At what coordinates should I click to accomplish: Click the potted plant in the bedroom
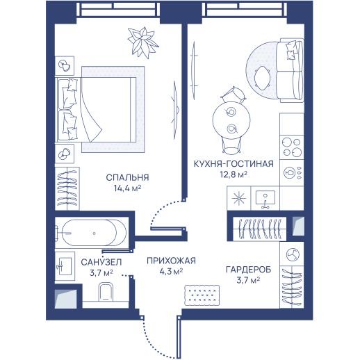click(x=142, y=42)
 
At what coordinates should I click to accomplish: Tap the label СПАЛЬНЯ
click(x=127, y=178)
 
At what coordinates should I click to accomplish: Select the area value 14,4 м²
click(x=127, y=188)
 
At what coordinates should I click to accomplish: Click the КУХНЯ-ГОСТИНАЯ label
click(x=234, y=164)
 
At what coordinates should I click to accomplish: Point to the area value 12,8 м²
click(x=234, y=174)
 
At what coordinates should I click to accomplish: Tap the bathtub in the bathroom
click(x=92, y=233)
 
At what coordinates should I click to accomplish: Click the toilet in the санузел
click(x=106, y=292)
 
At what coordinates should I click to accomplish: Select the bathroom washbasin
click(x=65, y=266)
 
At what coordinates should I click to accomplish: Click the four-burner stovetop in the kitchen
click(x=292, y=147)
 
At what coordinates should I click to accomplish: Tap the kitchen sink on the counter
click(x=265, y=198)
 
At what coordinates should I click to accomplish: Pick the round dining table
click(x=231, y=120)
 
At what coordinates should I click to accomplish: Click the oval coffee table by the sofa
click(x=262, y=78)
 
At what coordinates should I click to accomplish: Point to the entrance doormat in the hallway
click(x=202, y=295)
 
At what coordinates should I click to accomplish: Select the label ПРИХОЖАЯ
click(x=171, y=261)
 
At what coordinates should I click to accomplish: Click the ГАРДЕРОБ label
click(x=248, y=270)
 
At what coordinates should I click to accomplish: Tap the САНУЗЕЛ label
click(x=101, y=262)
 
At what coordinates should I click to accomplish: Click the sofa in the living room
click(x=290, y=70)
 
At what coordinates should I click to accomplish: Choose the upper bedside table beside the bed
click(x=65, y=66)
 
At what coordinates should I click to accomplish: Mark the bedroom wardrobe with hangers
click(x=67, y=188)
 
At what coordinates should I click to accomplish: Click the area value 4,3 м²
click(x=171, y=271)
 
